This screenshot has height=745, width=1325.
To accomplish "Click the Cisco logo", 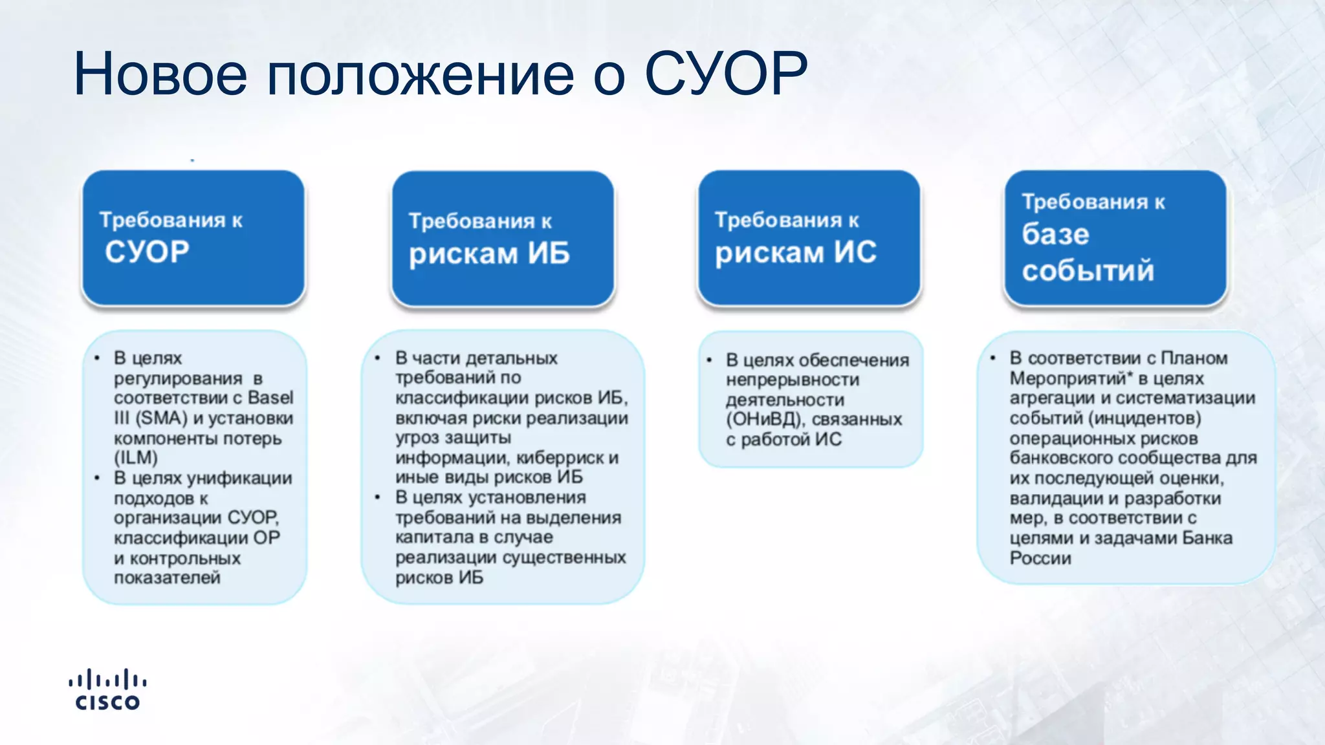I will click(x=107, y=690).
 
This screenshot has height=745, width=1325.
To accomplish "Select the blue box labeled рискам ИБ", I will click(x=503, y=238).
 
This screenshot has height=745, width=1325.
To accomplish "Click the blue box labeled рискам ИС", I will click(x=809, y=237).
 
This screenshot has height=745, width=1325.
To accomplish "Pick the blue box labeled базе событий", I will click(x=1115, y=237).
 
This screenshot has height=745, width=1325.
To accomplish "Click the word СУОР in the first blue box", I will click(x=147, y=252).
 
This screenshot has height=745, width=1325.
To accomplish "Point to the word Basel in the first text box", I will click(x=270, y=398).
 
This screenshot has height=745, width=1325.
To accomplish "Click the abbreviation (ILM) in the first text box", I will click(x=136, y=458).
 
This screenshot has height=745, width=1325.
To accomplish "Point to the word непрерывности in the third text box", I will click(x=792, y=380).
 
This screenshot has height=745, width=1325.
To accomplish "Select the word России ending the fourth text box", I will click(x=1040, y=558).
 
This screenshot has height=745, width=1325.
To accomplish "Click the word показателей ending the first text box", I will click(x=167, y=578).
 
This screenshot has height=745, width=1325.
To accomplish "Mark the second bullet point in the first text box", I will click(x=97, y=479).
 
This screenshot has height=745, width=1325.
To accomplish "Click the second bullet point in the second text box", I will click(x=378, y=498).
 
